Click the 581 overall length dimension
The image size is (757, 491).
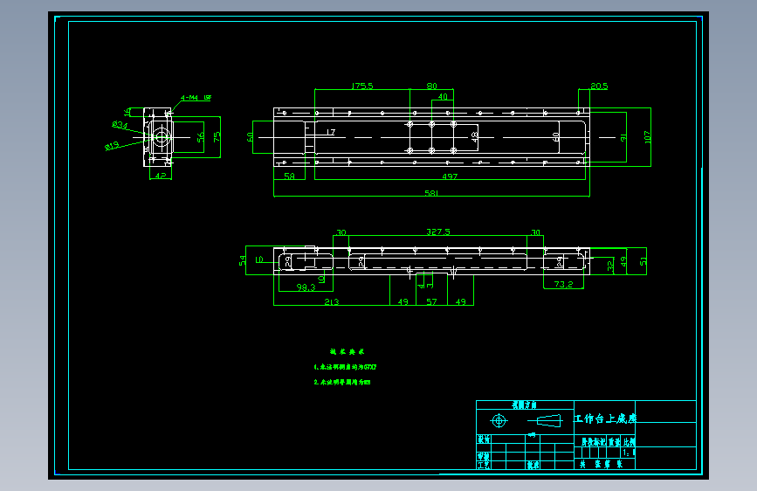point(431,193)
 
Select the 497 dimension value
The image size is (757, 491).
point(450,176)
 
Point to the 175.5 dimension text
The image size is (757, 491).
point(361,86)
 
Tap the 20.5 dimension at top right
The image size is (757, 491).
point(599,86)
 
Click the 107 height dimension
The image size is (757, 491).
point(647,136)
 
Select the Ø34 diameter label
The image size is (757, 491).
point(120,125)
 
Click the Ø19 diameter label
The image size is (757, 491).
point(112,146)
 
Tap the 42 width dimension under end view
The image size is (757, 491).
point(160,176)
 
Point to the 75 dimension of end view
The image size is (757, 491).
point(217,136)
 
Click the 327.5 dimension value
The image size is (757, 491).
point(438,232)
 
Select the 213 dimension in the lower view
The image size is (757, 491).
point(332,301)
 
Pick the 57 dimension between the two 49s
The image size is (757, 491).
point(431,301)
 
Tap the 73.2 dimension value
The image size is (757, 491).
point(563,284)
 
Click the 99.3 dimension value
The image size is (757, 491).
point(306,287)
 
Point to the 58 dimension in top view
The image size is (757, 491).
point(289,176)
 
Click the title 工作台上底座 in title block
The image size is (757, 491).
point(605,418)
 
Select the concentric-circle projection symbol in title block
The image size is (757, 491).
point(499,421)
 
